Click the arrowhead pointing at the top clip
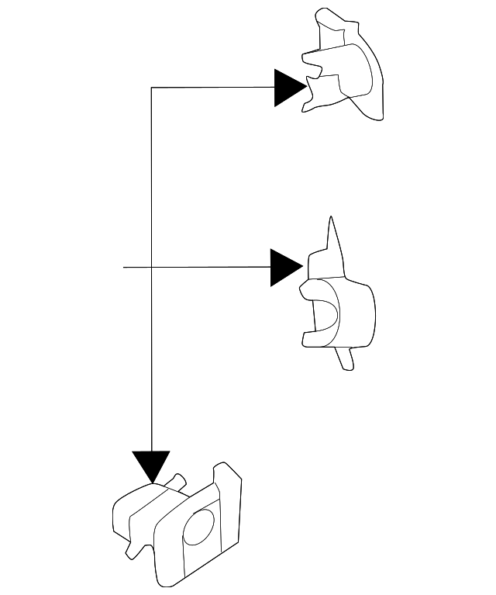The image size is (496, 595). point(290,88)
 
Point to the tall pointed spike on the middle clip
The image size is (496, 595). point(332,236)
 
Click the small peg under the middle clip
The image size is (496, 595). point(346,358)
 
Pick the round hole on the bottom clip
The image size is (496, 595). point(199,529)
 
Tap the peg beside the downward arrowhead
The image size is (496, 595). point(177,481)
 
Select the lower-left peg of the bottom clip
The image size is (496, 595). point(133,550)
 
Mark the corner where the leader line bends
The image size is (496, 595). point(151,88)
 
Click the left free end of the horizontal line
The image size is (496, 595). point(124,268)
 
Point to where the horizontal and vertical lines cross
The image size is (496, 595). point(151,268)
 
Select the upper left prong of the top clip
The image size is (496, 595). point(310,58)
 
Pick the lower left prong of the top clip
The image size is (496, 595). point(312,93)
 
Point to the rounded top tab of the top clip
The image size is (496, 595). point(328,19)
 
